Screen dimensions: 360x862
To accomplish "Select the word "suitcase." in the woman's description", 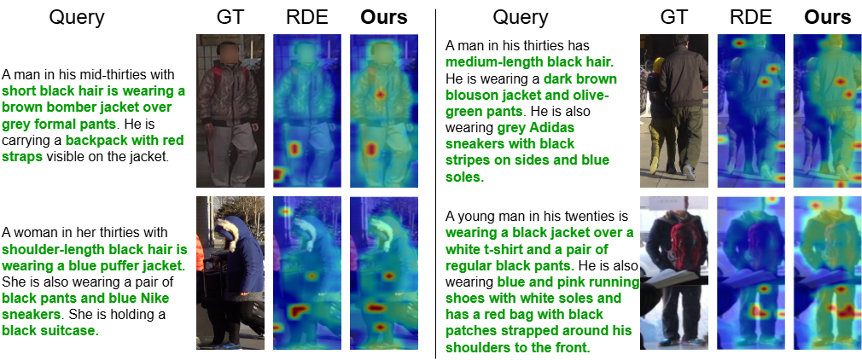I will tap(70, 331).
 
